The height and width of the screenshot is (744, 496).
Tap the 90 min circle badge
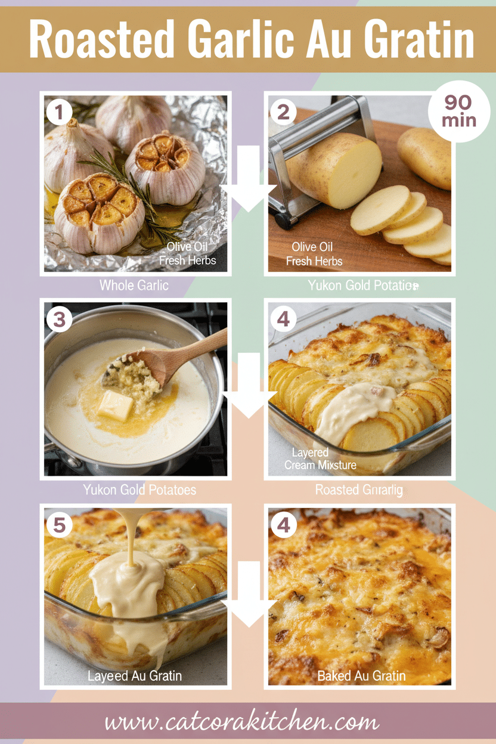[x=459, y=111]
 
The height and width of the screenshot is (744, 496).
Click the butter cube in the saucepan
[x=116, y=405]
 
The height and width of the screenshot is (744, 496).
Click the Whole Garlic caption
[x=134, y=286]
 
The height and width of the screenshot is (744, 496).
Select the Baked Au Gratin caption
[x=361, y=676]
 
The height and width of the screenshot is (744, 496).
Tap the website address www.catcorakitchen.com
[x=241, y=722]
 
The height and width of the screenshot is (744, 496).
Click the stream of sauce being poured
[x=126, y=537]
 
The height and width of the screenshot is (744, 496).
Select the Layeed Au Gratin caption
[x=135, y=676]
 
